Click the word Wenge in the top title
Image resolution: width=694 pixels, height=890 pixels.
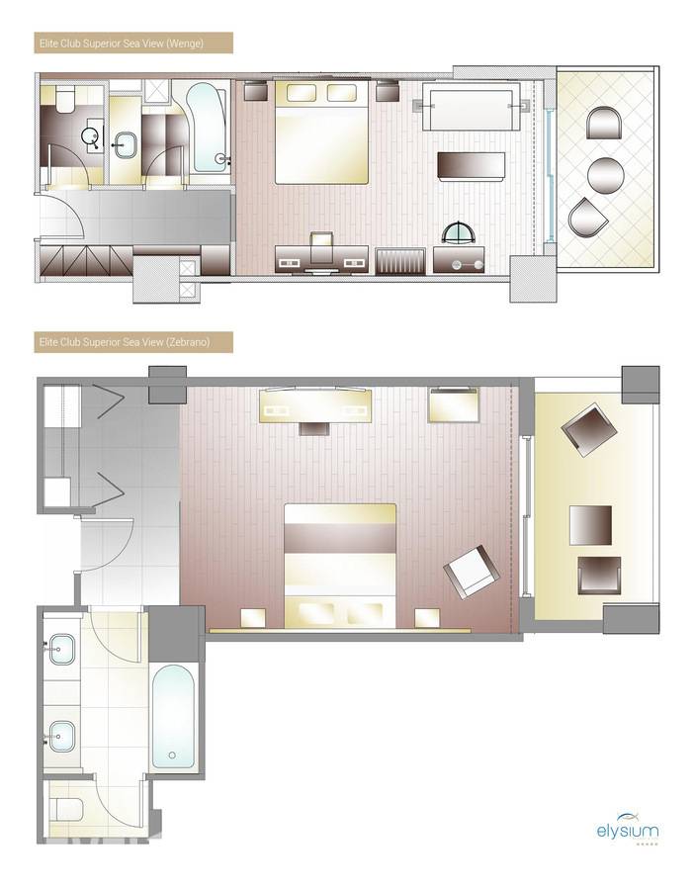click(185, 44)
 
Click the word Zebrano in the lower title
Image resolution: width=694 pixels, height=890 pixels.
click(189, 342)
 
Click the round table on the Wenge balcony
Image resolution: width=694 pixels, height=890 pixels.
click(605, 175)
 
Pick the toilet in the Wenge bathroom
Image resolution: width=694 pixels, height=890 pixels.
click(63, 100)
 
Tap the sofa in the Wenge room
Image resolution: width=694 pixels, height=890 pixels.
click(472, 107)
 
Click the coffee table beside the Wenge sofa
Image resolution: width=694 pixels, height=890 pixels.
click(471, 166)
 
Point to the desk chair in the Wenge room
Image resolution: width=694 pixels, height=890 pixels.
click(321, 247)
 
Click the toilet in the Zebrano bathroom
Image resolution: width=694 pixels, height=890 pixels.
click(66, 809)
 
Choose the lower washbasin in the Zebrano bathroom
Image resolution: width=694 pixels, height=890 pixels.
click(62, 736)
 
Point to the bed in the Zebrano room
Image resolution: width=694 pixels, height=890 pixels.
click(340, 566)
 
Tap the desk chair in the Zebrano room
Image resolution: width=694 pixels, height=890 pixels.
click(315, 427)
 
